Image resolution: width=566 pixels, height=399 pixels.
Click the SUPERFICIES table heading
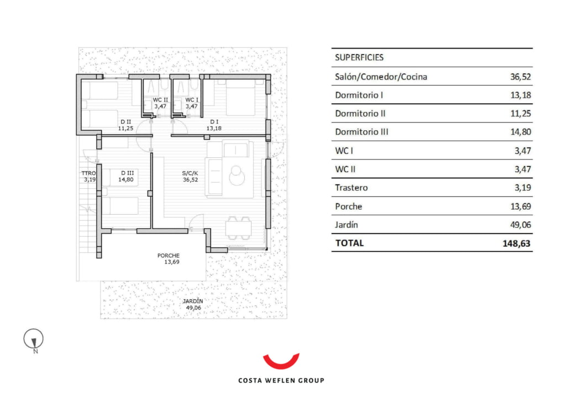tap(359, 57)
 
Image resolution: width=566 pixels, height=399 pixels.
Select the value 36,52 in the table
tap(521, 77)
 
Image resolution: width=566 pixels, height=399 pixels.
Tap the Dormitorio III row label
tap(361, 132)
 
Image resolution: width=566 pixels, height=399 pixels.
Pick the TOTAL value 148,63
tap(517, 243)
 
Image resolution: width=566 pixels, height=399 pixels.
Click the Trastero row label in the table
tap(351, 188)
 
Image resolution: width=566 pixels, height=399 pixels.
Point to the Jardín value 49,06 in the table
tap(521, 225)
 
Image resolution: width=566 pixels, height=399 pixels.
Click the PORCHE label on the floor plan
tap(168, 256)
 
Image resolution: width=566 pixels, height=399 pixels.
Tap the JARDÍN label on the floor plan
tap(193, 301)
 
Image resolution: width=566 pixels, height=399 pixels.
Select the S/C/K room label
tap(190, 173)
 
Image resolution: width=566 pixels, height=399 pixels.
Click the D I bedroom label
tap(214, 122)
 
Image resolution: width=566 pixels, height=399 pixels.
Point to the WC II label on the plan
tap(160, 100)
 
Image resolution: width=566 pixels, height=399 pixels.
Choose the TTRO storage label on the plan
tap(89, 173)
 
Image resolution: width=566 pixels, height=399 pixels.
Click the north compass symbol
tap(34, 339)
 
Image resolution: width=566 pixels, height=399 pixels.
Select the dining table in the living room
tap(239, 228)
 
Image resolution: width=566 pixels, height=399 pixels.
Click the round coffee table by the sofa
tap(237, 176)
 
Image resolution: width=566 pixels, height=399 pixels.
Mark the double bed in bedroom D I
tap(240, 97)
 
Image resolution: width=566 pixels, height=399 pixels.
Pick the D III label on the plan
tap(128, 173)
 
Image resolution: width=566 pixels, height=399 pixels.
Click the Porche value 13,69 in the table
tap(521, 206)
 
